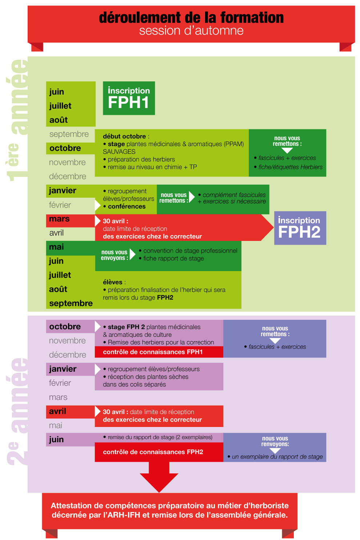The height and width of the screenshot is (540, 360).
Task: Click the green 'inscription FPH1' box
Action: tap(129, 98)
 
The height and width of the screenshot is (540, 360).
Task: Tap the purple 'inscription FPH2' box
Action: tap(300, 228)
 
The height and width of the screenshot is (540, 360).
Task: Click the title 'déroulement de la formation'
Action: tap(191, 17)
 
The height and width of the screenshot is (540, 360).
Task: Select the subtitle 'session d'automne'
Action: tap(191, 31)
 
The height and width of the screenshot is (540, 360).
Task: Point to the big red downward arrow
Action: tap(159, 477)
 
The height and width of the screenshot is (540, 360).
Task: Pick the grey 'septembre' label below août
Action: tap(69, 134)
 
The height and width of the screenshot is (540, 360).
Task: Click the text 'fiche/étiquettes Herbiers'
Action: tap(290, 167)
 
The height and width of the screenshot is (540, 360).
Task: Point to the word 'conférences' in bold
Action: tap(127, 206)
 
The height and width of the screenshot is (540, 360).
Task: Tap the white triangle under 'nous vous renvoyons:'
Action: tap(275, 451)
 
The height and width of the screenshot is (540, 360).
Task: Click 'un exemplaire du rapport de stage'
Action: tap(277, 457)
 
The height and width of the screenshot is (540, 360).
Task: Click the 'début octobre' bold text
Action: tap(124, 136)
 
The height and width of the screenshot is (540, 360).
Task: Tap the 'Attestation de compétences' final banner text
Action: tap(169, 510)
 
